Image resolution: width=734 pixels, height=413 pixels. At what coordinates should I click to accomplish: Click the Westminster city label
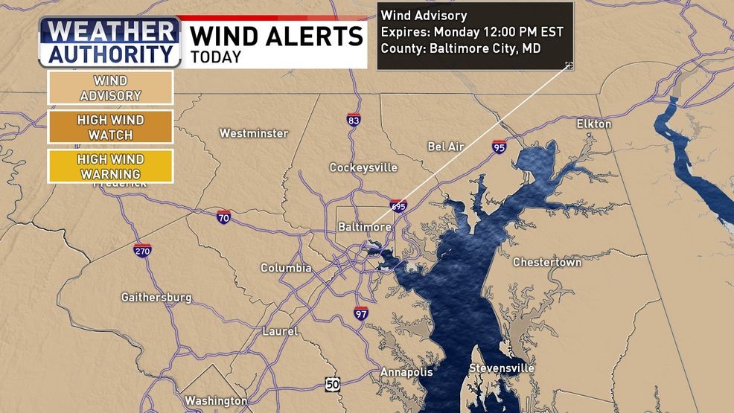tap(254, 133)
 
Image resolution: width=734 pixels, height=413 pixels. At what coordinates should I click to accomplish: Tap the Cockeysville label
tap(363, 167)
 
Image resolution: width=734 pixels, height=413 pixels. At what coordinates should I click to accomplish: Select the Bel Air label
tap(446, 147)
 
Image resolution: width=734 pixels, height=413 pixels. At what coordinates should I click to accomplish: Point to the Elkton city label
tap(593, 124)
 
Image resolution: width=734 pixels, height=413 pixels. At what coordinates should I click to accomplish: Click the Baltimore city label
tap(365, 226)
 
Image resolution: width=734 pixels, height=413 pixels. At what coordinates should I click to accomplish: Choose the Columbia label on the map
tap(286, 268)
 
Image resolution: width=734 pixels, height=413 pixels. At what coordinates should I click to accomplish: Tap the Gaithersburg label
tap(156, 298)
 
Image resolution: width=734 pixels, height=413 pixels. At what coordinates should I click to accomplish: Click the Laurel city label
tap(280, 331)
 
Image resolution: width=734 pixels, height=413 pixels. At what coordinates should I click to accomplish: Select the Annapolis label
tap(406, 371)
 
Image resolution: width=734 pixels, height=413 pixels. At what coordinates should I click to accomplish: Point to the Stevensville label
tap(501, 369)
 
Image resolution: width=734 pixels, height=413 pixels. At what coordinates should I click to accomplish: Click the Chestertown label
tap(547, 263)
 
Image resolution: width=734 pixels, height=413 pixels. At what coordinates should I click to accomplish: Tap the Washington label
tap(216, 400)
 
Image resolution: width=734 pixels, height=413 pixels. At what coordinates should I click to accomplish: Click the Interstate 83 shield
tap(354, 119)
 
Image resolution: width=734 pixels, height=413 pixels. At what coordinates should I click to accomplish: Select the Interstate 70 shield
tap(224, 217)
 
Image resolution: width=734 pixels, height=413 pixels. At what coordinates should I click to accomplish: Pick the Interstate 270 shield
tap(143, 250)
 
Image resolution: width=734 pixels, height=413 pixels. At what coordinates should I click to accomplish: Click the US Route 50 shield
tap(333, 384)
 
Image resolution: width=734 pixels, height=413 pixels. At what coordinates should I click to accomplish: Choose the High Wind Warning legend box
tap(110, 166)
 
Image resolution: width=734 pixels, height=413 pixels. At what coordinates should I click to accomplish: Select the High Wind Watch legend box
tap(110, 127)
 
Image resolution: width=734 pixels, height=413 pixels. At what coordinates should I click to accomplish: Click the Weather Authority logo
tap(110, 42)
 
